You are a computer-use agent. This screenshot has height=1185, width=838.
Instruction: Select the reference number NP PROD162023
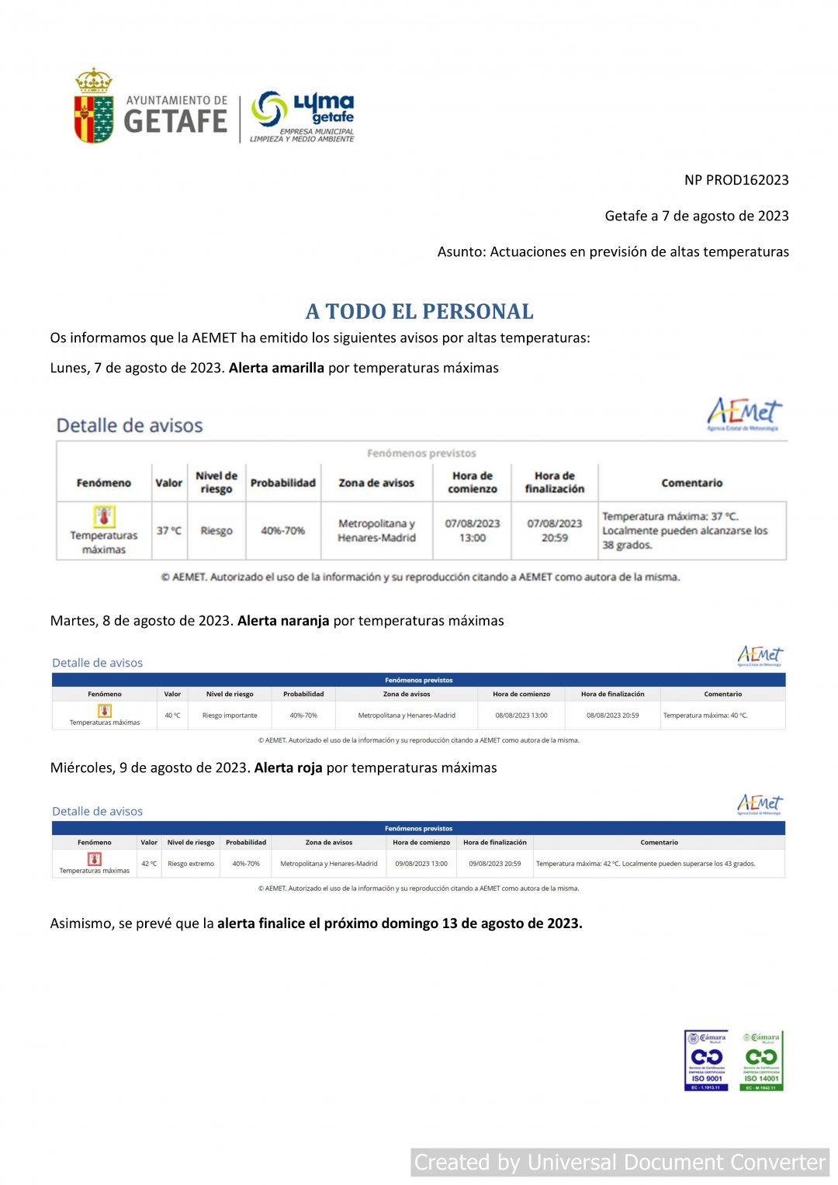point(736,180)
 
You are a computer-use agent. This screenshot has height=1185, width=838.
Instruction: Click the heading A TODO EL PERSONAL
point(419,311)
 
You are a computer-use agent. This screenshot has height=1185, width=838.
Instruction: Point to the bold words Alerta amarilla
point(276,368)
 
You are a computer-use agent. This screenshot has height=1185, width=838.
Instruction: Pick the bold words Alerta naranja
point(283,621)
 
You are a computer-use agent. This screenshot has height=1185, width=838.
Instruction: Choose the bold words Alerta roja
point(288,767)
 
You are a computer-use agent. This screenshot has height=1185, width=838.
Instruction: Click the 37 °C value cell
point(168,531)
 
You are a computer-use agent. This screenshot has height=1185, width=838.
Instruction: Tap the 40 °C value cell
point(172,716)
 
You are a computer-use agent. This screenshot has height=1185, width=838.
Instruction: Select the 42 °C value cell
point(149,864)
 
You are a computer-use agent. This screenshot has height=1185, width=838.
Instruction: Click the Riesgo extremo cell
point(191,864)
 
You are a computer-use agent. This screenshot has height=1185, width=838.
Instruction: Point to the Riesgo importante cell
point(230,716)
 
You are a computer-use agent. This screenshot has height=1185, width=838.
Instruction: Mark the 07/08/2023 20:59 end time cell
point(554,531)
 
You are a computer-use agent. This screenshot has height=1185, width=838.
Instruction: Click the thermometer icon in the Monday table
point(104,516)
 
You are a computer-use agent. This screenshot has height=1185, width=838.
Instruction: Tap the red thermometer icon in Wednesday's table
point(95,859)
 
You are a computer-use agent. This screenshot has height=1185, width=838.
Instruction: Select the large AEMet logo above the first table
point(743,413)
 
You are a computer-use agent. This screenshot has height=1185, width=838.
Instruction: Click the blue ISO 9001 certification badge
point(706,1060)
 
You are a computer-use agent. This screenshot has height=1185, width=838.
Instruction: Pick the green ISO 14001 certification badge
point(761,1060)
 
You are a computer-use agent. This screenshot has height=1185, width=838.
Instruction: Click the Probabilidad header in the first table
point(282,483)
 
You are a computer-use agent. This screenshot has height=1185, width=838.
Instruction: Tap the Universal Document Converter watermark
point(619,1162)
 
